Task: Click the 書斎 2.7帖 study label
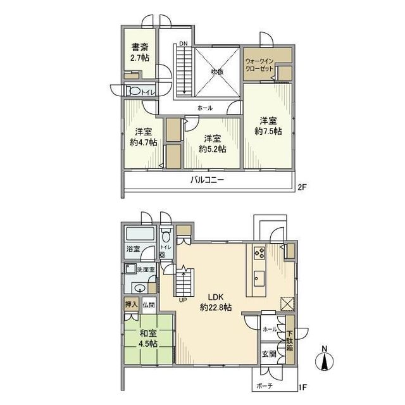click(140, 53)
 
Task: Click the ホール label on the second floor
click(205, 108)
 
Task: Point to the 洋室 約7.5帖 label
click(268, 126)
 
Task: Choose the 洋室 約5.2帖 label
click(212, 144)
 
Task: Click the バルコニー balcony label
click(208, 180)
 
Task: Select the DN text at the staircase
click(183, 43)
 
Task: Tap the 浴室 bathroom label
click(133, 249)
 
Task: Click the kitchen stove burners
click(259, 252)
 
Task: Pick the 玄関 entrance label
click(268, 354)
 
